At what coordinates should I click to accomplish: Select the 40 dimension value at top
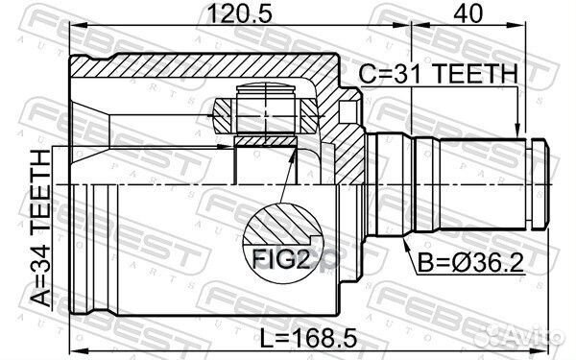pos(470,14)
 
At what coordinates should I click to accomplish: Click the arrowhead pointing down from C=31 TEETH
pos(518,133)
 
